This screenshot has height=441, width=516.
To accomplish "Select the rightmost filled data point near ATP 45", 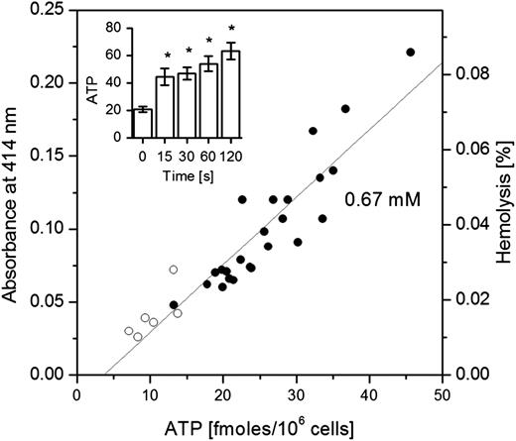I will (x=411, y=52).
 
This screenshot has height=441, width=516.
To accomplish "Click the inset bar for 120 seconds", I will (x=229, y=95).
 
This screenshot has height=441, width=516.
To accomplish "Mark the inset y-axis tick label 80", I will (x=119, y=27).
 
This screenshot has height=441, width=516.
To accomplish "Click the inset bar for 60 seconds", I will (x=207, y=101).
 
